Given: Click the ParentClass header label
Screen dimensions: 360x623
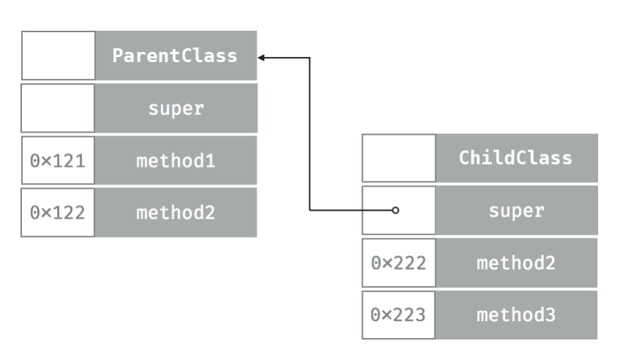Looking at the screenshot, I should (175, 56).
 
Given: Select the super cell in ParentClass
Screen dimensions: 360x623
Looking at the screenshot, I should (175, 108).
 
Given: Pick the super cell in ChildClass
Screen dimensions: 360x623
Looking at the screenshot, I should (517, 211).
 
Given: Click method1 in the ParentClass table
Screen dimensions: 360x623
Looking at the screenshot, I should (175, 160).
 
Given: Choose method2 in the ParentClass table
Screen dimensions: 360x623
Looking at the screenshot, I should (175, 212).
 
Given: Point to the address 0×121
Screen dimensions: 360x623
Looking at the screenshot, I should (58, 160).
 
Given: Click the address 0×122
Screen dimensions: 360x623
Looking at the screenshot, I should (58, 212).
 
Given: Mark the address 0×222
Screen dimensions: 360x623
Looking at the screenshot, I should (399, 263).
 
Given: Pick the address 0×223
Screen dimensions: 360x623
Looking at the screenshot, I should (399, 315).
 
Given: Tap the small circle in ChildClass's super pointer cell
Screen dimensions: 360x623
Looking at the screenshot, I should (396, 211).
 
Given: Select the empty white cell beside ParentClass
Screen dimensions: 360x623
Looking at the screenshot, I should (58, 56).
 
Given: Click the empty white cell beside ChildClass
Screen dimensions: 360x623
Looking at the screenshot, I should (399, 158).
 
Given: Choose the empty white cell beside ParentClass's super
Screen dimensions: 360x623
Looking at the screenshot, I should (58, 108).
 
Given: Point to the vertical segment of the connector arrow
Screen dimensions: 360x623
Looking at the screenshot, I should (310, 132).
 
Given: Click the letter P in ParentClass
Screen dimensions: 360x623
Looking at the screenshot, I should (117, 56).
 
